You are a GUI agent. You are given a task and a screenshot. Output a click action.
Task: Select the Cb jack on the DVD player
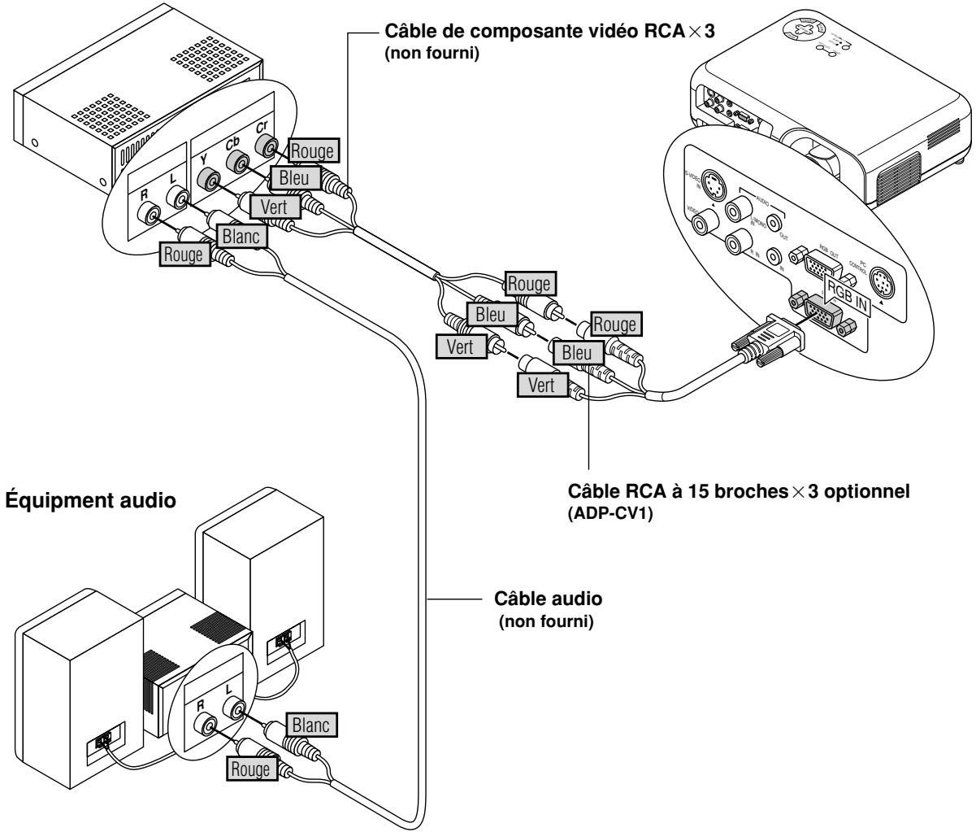coord(238,163)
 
